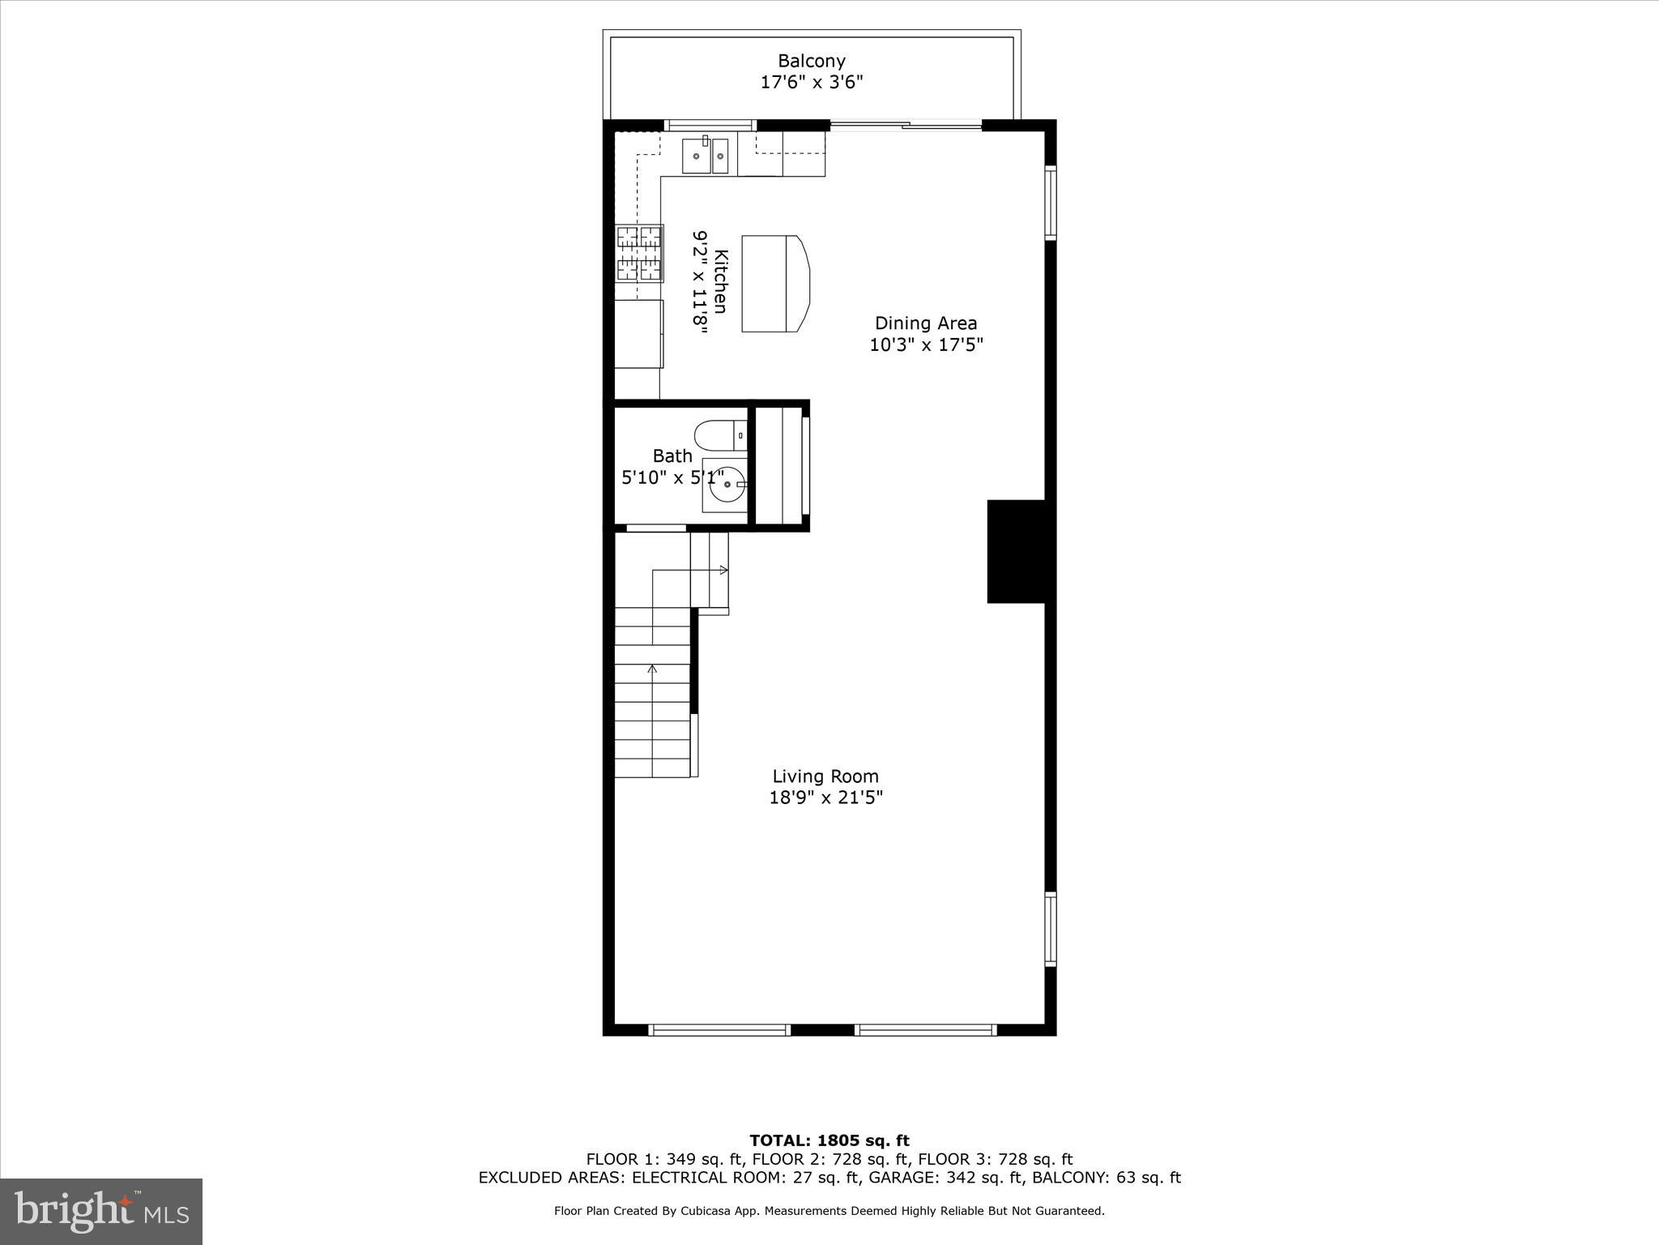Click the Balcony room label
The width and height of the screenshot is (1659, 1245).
pos(812,61)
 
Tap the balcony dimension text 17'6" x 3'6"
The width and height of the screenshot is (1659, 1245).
pos(812,82)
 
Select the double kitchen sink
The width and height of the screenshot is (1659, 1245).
pos(706,156)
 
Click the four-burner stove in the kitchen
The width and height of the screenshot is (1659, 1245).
pos(639,253)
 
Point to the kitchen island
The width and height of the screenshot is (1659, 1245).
pos(774,284)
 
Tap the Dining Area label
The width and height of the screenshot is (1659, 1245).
pos(926,323)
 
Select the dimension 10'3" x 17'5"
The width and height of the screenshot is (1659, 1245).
pos(926,345)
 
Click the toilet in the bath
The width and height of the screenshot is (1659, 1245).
pos(719,436)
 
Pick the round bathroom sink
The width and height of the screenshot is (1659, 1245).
pos(727,485)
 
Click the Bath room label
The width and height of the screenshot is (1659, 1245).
pos(672,456)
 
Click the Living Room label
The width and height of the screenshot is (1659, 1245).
pos(825,777)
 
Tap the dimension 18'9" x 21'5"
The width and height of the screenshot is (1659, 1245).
pos(825,798)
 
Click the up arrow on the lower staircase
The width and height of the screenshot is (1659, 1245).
pos(652,670)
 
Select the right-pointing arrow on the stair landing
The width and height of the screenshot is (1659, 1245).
pos(723,571)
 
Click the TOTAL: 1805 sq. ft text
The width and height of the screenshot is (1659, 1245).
pos(829,1141)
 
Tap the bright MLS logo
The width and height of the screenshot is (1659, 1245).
pos(101,1211)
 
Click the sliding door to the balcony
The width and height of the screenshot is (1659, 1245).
pos(906,125)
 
